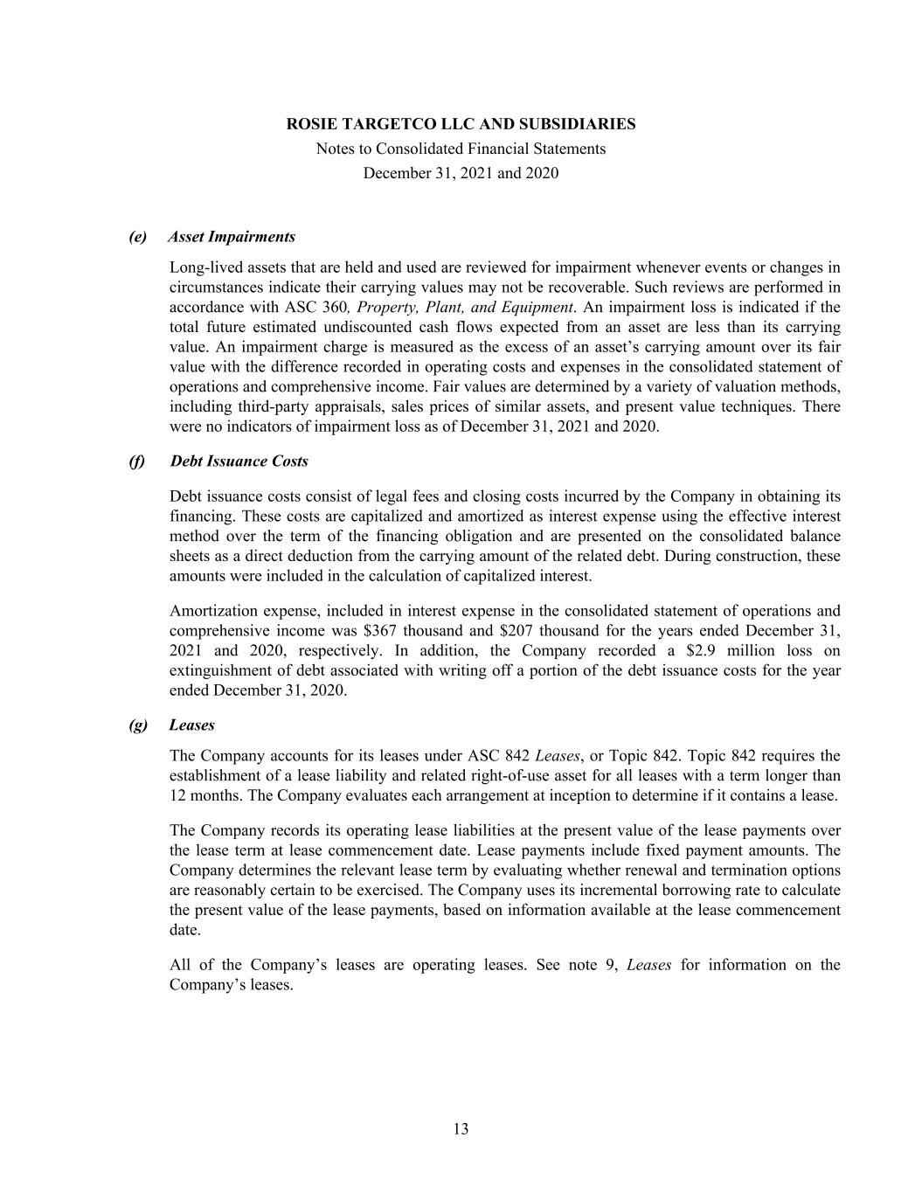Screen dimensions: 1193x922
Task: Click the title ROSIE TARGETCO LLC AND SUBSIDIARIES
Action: (461, 124)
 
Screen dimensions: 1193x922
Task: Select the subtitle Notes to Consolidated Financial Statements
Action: (461, 149)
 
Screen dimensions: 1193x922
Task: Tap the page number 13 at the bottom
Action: (461, 1129)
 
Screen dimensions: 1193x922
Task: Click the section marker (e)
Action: (137, 237)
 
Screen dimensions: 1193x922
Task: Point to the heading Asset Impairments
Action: (232, 237)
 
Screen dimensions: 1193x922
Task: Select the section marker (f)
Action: (137, 461)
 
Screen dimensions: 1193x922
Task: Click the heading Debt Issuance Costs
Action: (239, 461)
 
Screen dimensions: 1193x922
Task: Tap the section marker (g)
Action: (137, 725)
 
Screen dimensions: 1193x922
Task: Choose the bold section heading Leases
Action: (191, 725)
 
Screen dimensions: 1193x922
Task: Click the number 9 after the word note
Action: (611, 966)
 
